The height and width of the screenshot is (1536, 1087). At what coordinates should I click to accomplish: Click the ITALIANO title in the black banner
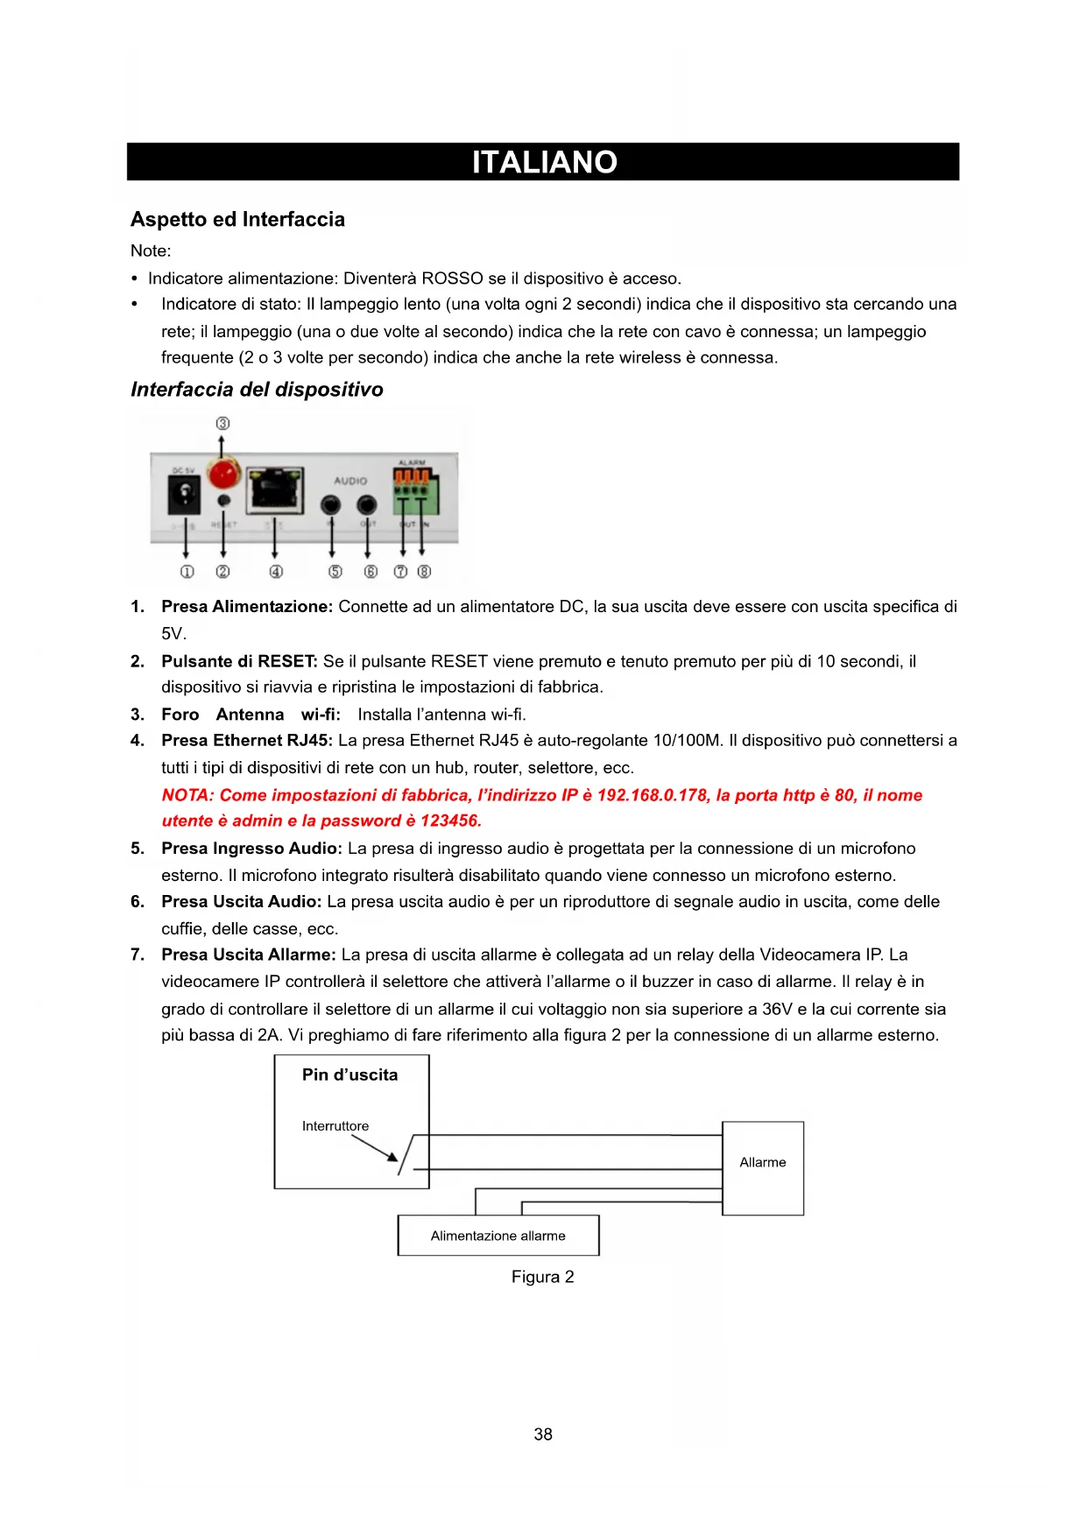544,162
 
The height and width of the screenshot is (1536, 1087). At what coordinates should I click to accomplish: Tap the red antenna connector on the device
223,474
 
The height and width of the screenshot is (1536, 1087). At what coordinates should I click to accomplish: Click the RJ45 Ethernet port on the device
276,490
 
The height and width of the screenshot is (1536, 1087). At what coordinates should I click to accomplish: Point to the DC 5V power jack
184,497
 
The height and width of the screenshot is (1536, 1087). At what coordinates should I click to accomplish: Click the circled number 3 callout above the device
222,423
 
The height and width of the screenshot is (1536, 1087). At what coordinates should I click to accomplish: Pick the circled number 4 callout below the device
276,572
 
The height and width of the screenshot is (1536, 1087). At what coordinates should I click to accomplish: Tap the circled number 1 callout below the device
186,572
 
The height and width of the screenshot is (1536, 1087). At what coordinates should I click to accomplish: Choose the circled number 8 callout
425,572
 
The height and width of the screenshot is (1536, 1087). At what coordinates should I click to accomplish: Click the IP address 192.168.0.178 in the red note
652,795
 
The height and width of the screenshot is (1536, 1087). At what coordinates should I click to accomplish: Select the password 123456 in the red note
450,821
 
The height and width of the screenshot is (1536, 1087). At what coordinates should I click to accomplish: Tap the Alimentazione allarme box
498,1236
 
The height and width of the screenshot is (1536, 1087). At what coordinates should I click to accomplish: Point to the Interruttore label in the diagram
335,1126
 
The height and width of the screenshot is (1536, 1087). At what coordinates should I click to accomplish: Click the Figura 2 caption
542,1277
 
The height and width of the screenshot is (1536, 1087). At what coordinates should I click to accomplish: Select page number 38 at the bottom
543,1434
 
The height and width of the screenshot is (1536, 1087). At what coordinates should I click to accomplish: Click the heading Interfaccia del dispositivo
257,390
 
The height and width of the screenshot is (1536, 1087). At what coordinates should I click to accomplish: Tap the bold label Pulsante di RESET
239,661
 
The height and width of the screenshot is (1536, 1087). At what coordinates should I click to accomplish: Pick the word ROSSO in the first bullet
452,278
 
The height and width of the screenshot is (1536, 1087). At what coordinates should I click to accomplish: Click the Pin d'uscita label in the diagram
349,1074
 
